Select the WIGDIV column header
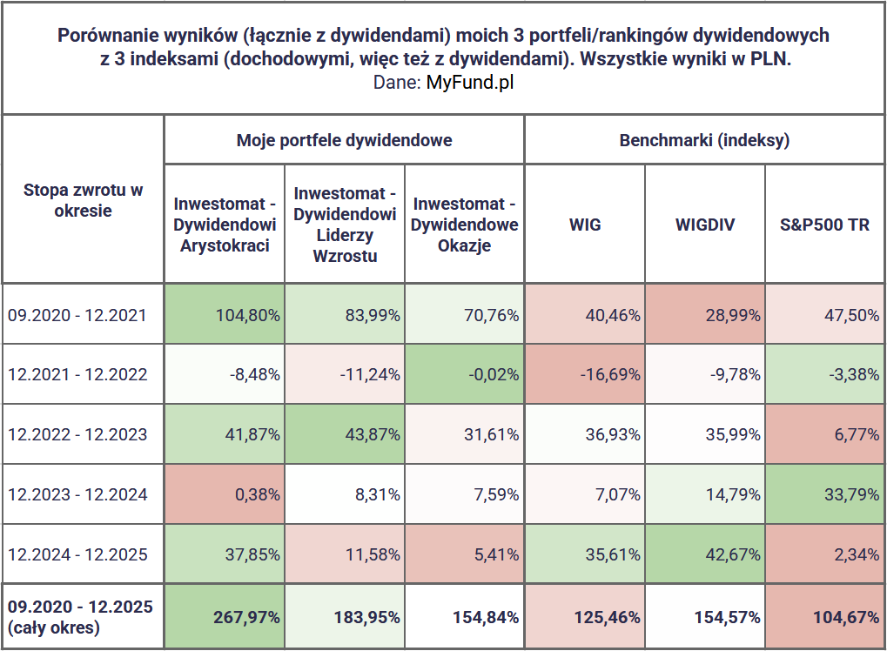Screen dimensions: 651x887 click(704, 225)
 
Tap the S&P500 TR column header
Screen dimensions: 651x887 click(824, 225)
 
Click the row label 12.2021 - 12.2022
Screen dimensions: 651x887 click(77, 374)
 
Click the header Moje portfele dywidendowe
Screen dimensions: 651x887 click(344, 140)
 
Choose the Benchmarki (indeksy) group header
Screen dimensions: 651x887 click(704, 140)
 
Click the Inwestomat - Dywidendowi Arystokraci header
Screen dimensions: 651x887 click(225, 225)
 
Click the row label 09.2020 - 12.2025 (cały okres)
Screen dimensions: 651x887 click(79, 616)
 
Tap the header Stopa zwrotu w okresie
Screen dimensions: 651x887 click(83, 199)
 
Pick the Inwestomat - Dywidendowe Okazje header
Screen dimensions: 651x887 click(464, 225)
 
